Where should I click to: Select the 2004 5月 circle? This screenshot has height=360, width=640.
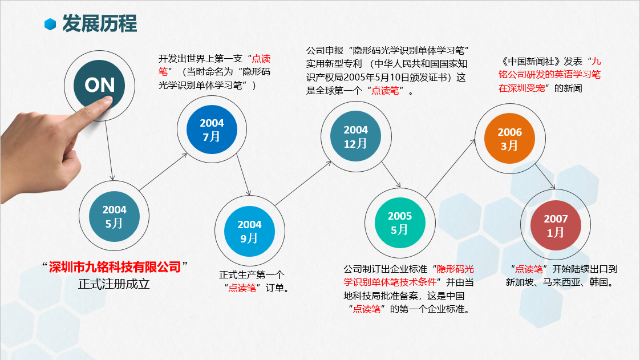[x=114, y=216]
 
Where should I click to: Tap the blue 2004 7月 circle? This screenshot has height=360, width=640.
[x=212, y=130]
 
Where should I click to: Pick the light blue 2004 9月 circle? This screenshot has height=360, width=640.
[x=249, y=231]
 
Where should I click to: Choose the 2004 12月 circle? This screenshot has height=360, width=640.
[x=355, y=136]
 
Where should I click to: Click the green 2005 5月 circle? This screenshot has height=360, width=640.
[x=400, y=223]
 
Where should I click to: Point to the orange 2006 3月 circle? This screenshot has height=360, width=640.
[x=509, y=139]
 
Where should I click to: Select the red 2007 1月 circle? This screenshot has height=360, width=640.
[x=556, y=225]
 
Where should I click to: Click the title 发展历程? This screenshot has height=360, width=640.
[x=100, y=23]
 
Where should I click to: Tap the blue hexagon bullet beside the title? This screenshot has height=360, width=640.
[x=50, y=24]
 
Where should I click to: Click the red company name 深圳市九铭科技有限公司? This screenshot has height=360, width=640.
[x=115, y=267]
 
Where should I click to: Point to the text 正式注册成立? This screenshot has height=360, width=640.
[x=114, y=284]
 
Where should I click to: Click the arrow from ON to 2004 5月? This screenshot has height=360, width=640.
[x=109, y=150]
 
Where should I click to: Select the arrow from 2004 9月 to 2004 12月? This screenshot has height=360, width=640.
[x=303, y=183]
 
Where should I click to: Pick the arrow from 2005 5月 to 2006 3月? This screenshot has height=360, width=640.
[x=450, y=168]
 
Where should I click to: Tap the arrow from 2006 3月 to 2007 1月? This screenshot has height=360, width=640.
[x=545, y=176]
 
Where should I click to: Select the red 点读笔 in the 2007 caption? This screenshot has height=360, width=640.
[x=529, y=269]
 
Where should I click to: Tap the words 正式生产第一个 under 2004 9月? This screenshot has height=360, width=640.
[x=252, y=274]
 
